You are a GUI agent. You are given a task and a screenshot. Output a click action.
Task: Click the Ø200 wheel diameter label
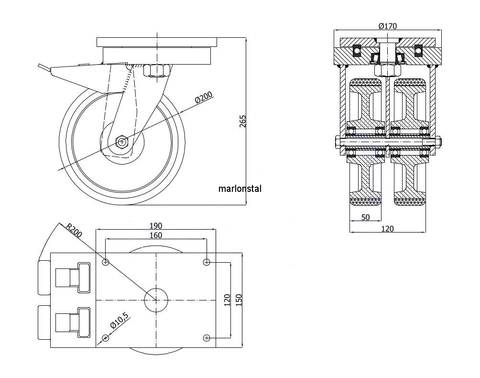204,99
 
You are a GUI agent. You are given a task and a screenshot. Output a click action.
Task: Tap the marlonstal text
240,189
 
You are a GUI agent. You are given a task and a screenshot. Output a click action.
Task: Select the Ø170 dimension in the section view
388,26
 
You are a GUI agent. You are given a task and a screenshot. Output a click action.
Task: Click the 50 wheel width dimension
365,217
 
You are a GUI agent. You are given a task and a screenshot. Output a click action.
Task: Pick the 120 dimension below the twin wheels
388,229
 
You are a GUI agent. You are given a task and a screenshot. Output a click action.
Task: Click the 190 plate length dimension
156,225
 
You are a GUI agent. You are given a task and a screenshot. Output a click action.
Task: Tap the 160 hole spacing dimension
156,235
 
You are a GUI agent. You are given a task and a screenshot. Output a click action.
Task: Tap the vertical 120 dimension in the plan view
228,300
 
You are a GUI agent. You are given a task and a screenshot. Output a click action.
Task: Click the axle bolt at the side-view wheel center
122,142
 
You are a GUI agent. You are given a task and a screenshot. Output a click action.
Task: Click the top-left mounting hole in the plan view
106,262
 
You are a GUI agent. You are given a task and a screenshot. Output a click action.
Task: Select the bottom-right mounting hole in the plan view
207,338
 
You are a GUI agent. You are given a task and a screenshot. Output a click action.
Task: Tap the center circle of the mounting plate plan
156,300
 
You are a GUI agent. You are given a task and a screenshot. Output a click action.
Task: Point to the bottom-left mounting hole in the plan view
106,338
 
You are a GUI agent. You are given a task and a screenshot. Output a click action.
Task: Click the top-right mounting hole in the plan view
207,262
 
